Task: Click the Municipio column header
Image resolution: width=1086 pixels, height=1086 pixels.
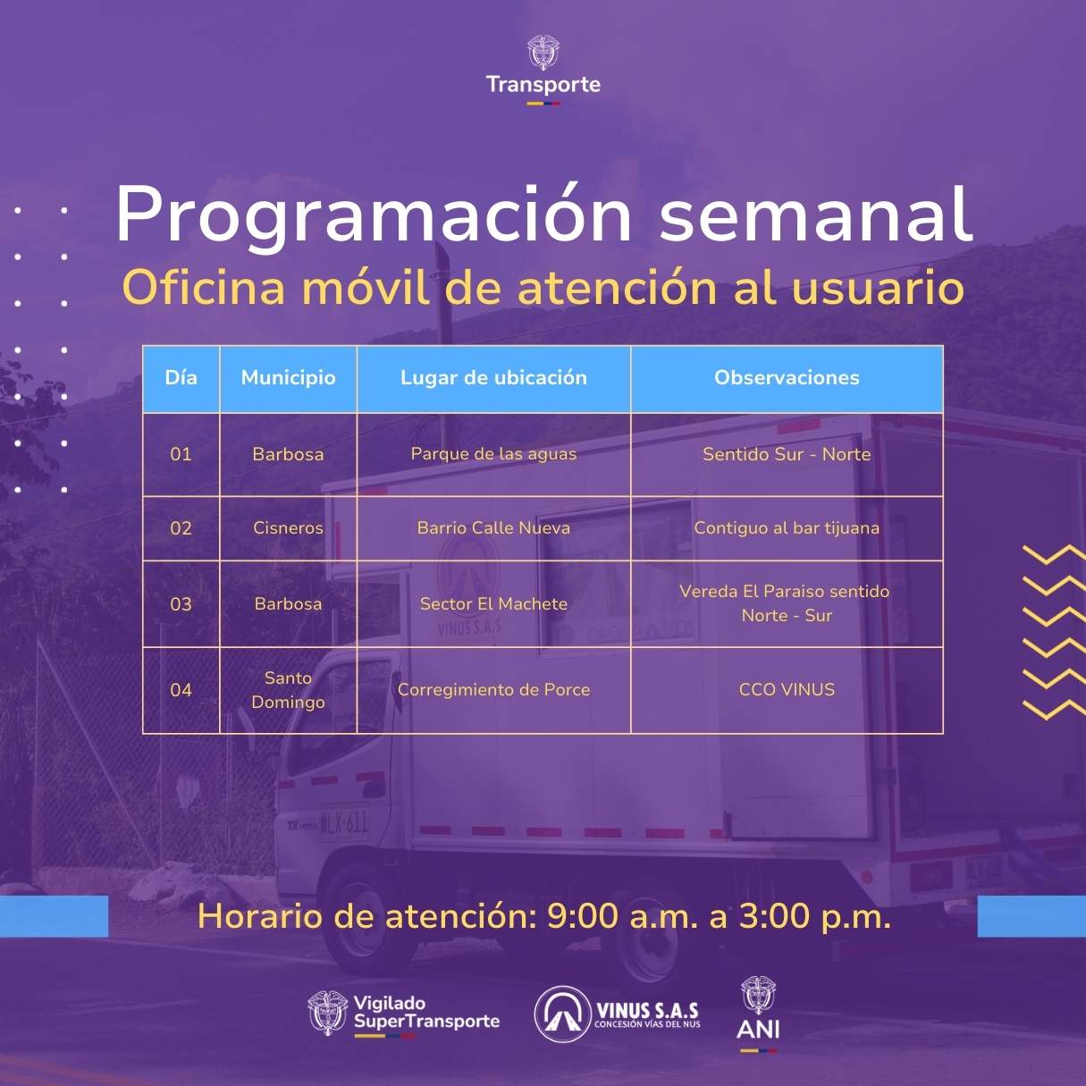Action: pos(288,377)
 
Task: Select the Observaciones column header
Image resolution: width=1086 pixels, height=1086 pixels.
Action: pos(787,377)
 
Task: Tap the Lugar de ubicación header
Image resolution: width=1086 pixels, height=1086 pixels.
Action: pos(493,377)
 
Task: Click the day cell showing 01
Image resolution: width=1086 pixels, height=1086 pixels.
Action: pos(181,454)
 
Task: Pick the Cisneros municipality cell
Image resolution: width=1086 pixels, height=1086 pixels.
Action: pos(288,528)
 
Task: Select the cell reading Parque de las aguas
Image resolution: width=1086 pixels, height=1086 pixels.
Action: pos(493,454)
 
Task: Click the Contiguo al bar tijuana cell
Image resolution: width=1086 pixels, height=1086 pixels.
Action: pos(787,528)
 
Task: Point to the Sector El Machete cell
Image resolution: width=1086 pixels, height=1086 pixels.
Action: pos(493,604)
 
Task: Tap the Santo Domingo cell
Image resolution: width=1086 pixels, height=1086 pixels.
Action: pos(288,690)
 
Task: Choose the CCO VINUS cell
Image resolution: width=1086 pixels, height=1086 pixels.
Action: pos(787,690)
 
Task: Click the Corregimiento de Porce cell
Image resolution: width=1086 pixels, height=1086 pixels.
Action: pos(493,690)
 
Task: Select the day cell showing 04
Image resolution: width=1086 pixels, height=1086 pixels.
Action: pos(181,690)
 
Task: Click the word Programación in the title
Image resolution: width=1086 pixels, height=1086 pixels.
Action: pos(374,216)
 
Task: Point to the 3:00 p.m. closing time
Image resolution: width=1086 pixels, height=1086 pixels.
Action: pos(815,916)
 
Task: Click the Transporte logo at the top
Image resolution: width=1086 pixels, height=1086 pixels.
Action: pos(543,71)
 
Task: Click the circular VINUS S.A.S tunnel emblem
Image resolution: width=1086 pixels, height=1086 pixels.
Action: pos(561,1015)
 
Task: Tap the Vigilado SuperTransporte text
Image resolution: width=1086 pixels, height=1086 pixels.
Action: pos(426,1013)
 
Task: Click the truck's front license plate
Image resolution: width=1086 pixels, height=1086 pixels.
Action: pos(344,824)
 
